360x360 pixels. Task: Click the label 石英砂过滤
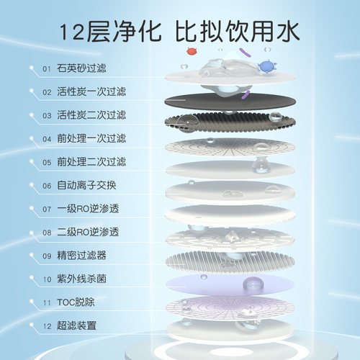pos(81,68)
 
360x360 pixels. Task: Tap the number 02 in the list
pos(47,92)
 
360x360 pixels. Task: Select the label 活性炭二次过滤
pos(91,115)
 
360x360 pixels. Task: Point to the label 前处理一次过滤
pos(91,138)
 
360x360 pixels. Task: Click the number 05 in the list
pos(47,163)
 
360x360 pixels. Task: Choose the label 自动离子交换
pos(86,185)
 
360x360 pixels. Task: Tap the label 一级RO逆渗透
pos(88,209)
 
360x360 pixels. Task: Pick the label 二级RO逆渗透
pos(88,232)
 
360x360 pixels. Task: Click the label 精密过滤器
pos(81,256)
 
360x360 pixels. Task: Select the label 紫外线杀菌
pos(81,279)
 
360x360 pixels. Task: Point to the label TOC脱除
pos(76,302)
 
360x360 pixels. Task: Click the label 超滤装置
pos(76,325)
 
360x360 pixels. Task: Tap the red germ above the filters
pos(193,51)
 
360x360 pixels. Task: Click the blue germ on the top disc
pos(267,66)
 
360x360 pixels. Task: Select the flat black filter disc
pos(230,102)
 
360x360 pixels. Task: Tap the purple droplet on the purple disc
pos(253,284)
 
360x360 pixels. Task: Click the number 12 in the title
pos(71,32)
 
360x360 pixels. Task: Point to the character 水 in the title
pos(288,31)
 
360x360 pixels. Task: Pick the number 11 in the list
pos(47,302)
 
